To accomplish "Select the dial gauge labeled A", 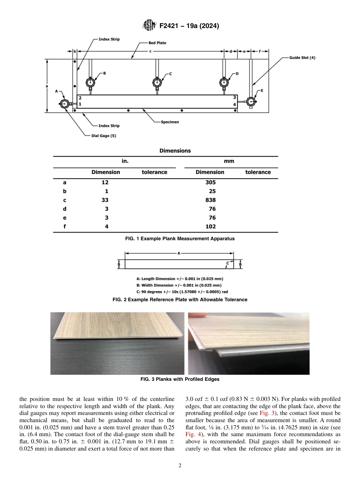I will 65,104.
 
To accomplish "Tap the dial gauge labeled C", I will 157,82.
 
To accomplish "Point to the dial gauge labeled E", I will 251,102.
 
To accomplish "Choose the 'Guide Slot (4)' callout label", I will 299,58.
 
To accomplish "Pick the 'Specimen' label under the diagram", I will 170,122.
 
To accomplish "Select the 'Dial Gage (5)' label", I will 104,136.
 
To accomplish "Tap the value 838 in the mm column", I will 210,200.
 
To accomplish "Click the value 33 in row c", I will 105,200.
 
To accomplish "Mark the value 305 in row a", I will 210,182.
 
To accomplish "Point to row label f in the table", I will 64,227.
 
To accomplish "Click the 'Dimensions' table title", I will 175,151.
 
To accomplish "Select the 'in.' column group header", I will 125,161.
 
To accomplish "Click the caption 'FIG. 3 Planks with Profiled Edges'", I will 180,379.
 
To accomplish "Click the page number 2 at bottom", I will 180,466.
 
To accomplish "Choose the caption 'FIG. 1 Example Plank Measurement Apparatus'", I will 180,239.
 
